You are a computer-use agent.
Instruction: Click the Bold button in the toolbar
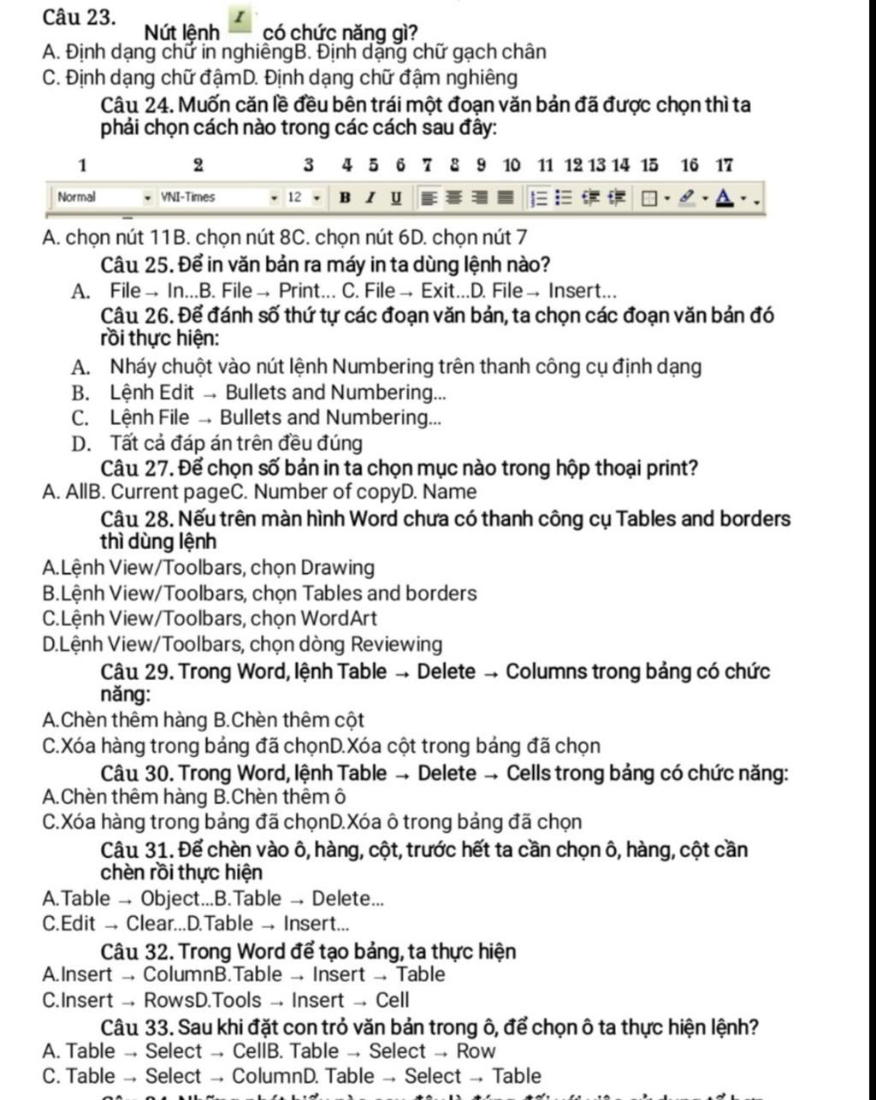click(x=345, y=198)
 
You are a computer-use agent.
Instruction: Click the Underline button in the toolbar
click(x=395, y=198)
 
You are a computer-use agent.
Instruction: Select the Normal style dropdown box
click(x=98, y=198)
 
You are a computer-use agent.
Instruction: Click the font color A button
click(x=726, y=198)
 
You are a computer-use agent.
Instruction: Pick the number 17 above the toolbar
click(x=725, y=164)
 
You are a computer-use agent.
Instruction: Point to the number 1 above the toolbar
click(x=82, y=164)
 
